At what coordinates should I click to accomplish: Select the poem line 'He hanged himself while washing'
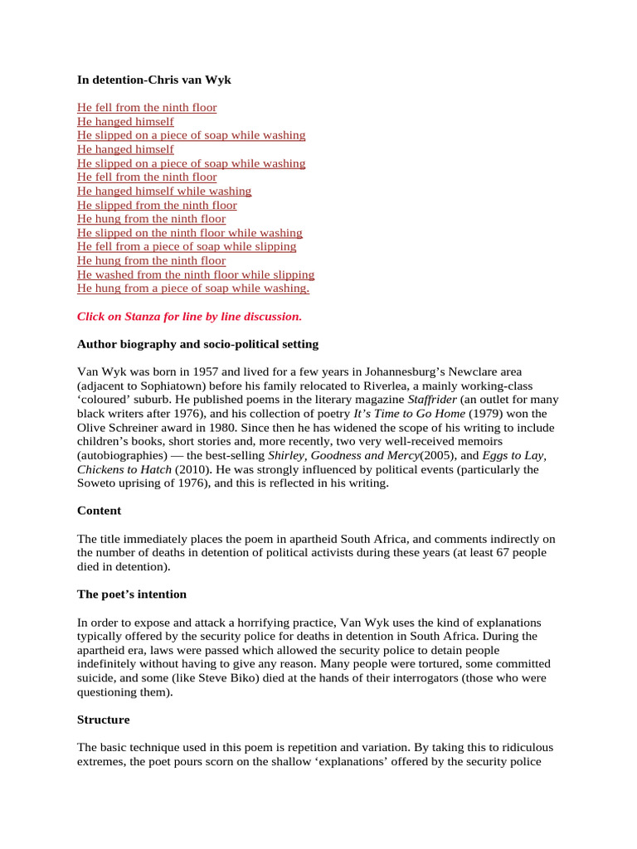[x=164, y=191]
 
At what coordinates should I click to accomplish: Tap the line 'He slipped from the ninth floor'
[x=157, y=205]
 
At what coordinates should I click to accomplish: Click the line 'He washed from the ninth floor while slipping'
[x=196, y=274]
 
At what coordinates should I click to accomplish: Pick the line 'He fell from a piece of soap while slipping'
[x=187, y=246]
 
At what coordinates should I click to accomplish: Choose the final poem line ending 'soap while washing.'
[x=193, y=289]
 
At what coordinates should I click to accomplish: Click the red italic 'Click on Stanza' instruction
[x=189, y=316]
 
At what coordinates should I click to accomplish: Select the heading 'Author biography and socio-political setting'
[x=197, y=343]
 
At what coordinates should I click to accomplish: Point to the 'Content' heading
[x=99, y=511]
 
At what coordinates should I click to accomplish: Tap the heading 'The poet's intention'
[x=132, y=594]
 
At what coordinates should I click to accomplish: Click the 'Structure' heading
[x=103, y=720]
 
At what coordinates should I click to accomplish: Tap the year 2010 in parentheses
[x=190, y=469]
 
